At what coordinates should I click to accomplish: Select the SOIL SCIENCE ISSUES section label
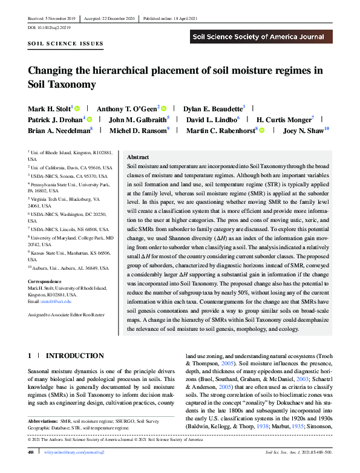tap(65, 44)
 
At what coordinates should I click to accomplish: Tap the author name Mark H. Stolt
tap(49, 107)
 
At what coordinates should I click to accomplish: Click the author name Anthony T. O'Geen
tap(127, 107)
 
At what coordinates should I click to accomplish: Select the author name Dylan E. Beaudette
tap(214, 107)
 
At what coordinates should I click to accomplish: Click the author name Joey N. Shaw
tap(306, 130)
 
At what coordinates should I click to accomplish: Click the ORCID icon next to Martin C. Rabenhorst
tap(261, 130)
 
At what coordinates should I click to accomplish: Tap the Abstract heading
tap(139, 157)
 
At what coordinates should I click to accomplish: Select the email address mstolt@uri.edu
tap(57, 301)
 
